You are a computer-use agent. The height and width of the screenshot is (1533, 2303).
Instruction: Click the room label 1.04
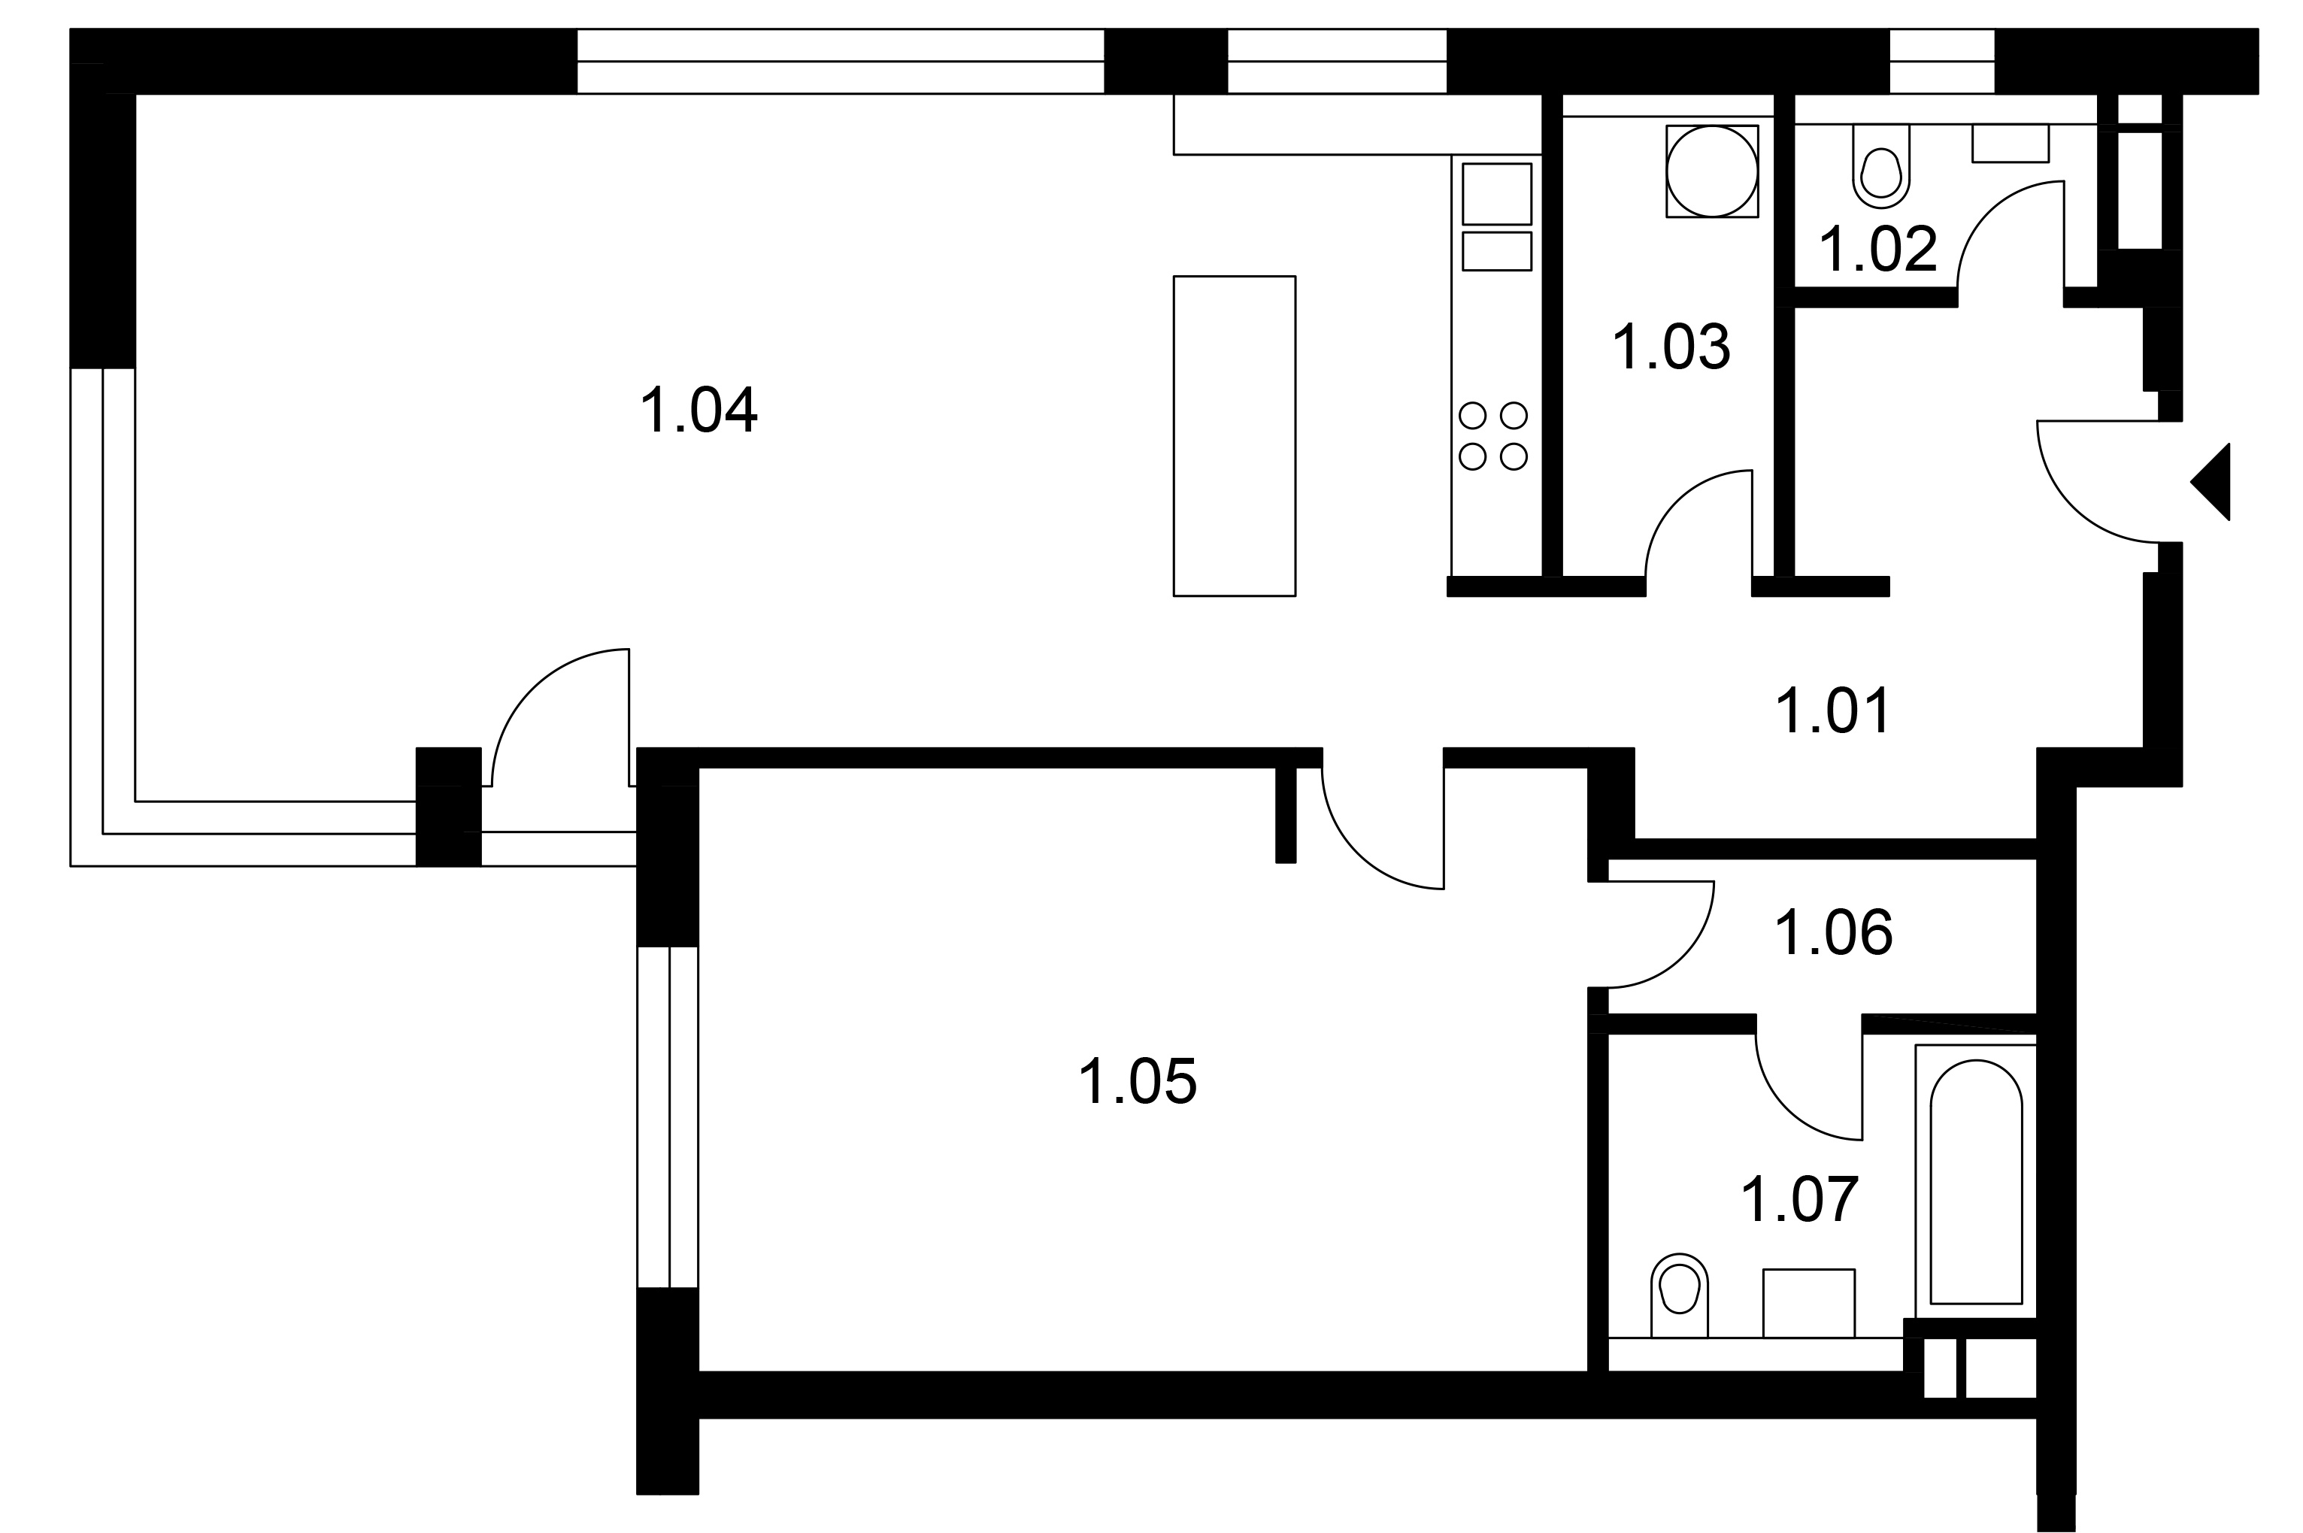699,410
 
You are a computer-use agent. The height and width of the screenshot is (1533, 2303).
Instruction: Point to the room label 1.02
1877,250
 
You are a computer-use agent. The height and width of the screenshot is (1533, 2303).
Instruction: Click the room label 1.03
1671,347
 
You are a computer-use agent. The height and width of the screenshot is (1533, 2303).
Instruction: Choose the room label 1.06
1834,933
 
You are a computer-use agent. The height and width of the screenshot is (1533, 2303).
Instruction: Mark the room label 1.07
1799,1200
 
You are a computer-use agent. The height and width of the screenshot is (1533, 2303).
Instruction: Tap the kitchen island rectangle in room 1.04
1234,436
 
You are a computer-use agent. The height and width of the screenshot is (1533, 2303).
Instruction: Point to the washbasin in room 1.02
2010,143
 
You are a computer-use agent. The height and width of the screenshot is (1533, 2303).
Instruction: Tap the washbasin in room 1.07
1808,1303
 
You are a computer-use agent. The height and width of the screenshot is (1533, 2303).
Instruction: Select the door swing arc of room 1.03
1677,501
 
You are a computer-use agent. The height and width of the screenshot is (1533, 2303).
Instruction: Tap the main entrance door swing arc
2072,507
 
